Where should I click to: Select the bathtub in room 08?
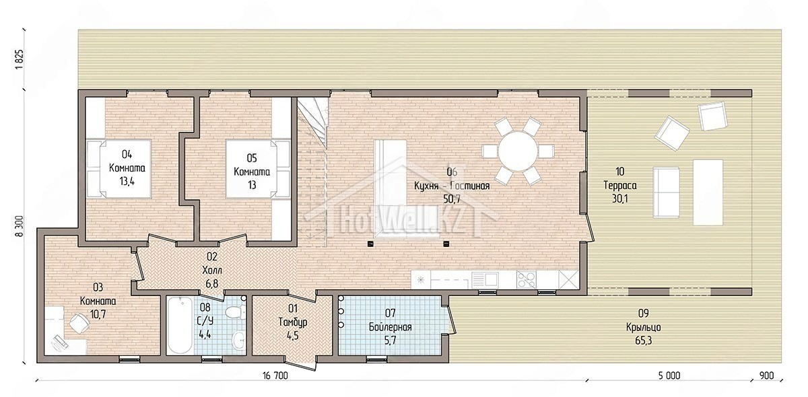[180, 326]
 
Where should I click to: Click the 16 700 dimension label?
[275, 375]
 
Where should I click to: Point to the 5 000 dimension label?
[669, 375]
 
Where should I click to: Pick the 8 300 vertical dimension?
[20, 226]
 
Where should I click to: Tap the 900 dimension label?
[766, 375]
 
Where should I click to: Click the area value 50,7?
[452, 199]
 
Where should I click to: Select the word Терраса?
[620, 185]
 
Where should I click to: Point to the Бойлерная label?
[391, 327]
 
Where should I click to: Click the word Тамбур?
[293, 322]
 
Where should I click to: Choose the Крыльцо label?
[644, 327]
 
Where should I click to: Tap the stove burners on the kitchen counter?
[527, 280]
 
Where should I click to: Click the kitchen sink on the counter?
[485, 280]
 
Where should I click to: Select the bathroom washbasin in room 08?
[238, 340]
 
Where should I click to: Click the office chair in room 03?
[79, 323]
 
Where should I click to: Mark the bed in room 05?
[258, 169]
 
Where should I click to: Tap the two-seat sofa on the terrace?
[666, 192]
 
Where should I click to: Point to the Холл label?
[212, 270]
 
